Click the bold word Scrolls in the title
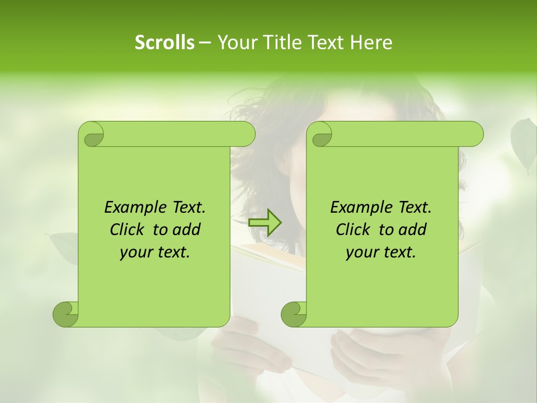[165, 43]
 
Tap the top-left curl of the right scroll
[321, 135]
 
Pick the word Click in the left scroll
[123, 229]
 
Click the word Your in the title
[236, 43]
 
